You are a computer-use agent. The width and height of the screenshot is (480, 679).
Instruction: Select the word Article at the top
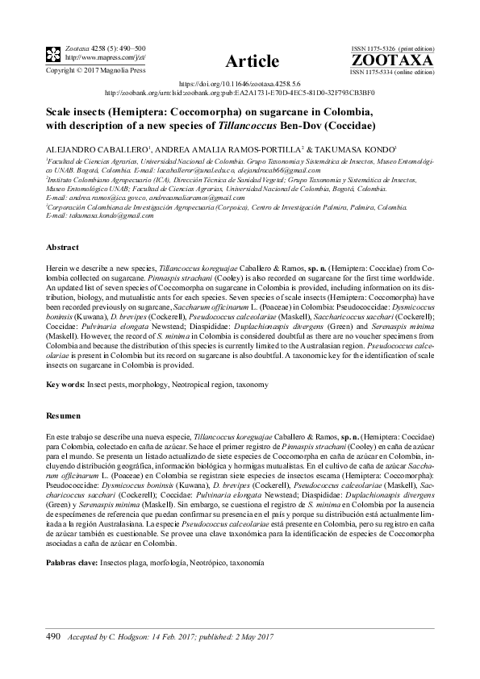pyautogui.click(x=253, y=60)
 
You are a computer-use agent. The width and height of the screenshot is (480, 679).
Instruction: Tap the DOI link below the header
pyautogui.click(x=239, y=84)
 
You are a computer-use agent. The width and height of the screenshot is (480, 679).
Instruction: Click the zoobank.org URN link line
pyautogui.click(x=240, y=92)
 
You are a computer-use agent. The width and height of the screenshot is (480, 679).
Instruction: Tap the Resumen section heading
pyautogui.click(x=65, y=414)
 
